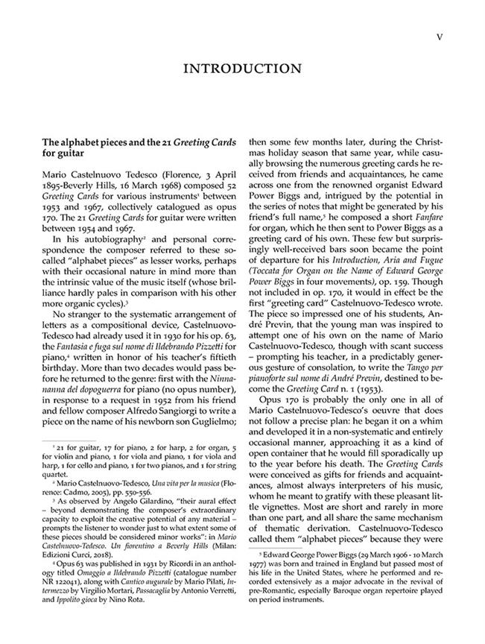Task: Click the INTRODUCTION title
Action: (242, 69)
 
